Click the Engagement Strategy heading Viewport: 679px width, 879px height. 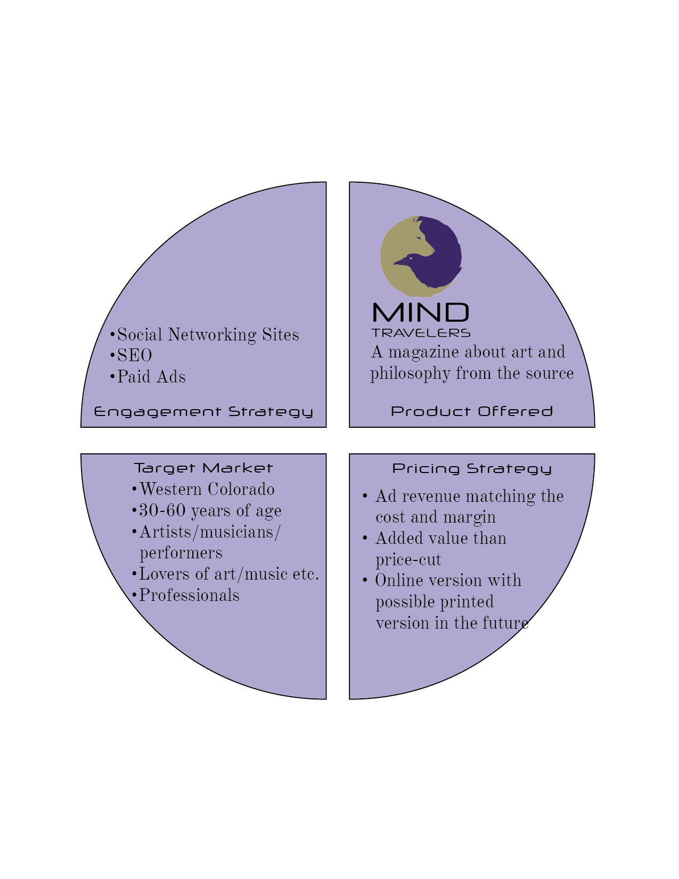coord(203,412)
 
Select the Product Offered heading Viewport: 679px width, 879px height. coord(472,411)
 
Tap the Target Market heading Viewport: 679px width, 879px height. coord(203,468)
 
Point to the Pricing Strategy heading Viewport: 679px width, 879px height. coord(472,469)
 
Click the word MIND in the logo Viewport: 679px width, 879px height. coord(421,313)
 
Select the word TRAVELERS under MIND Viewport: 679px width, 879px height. coord(421,333)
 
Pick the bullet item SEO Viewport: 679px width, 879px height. coord(135,356)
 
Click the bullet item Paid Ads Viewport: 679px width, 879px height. coord(151,377)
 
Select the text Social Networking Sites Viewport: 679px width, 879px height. coord(208,335)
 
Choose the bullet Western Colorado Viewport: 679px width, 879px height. coord(207,490)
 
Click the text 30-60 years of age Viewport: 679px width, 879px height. coord(210,511)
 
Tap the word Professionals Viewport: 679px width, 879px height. coord(189,596)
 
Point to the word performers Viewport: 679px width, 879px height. coord(181,553)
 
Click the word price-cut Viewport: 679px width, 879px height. coord(408,560)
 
